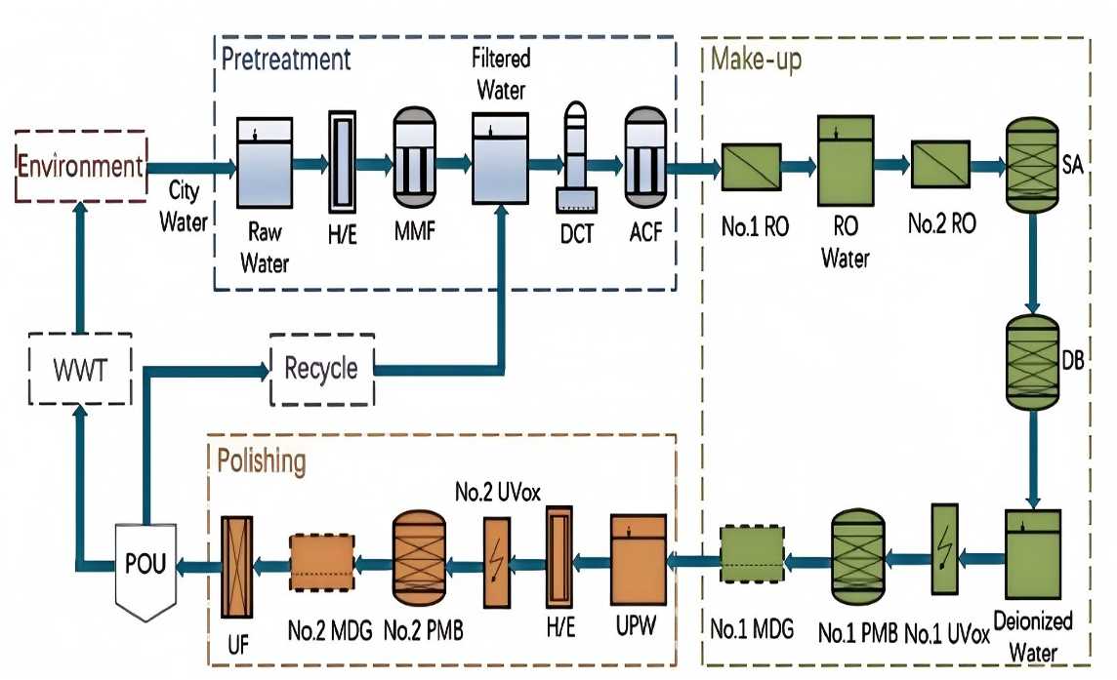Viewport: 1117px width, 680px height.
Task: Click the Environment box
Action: tap(80, 166)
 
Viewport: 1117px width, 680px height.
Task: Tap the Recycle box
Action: tap(321, 370)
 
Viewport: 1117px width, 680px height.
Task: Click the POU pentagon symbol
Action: tap(145, 566)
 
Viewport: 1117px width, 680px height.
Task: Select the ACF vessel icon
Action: tap(644, 156)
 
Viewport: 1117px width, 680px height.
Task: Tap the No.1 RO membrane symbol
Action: tap(751, 167)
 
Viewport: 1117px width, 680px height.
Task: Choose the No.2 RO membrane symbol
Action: tap(938, 163)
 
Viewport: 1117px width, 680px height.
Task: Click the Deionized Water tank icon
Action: tap(1031, 558)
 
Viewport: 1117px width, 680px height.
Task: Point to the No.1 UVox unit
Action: tap(945, 549)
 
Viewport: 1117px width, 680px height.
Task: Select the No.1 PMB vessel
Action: tap(856, 556)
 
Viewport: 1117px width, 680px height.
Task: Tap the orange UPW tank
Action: tap(639, 557)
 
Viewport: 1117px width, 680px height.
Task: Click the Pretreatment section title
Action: tap(286, 59)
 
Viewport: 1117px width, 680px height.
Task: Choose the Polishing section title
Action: tap(261, 460)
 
